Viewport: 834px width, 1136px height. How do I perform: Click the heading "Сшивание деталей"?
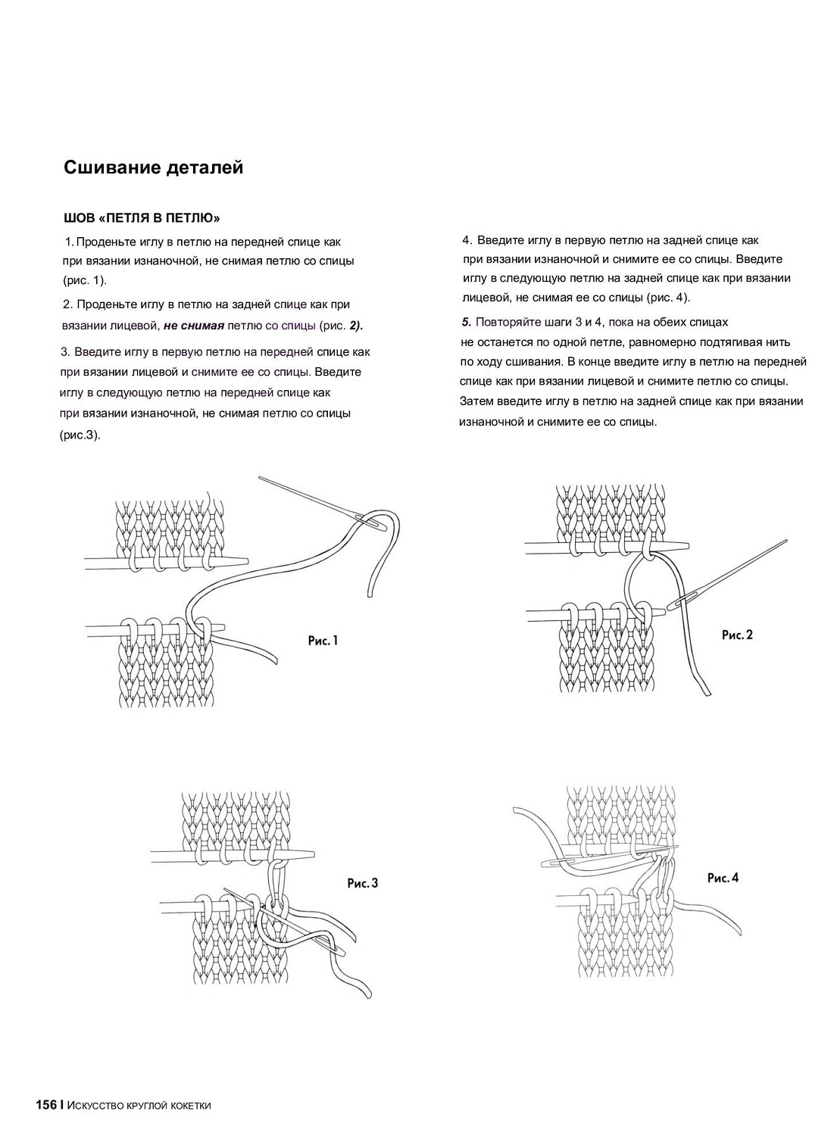[x=153, y=167]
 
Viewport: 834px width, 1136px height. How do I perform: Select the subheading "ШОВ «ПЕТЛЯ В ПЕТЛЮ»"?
[x=142, y=218]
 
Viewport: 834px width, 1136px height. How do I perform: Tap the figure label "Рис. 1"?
[x=323, y=641]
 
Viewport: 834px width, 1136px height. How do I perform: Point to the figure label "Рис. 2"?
[x=737, y=635]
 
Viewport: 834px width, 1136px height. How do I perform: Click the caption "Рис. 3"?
[x=362, y=882]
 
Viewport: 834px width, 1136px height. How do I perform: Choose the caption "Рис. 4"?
[x=723, y=878]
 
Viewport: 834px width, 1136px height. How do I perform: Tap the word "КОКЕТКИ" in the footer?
[x=187, y=1106]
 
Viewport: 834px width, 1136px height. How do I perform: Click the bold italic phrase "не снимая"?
[x=194, y=326]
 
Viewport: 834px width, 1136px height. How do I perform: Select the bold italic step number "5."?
[x=467, y=322]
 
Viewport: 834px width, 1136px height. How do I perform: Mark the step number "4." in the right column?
[x=467, y=240]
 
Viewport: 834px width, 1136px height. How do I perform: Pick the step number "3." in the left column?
[x=65, y=351]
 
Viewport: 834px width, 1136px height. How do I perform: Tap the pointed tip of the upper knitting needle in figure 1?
[x=245, y=560]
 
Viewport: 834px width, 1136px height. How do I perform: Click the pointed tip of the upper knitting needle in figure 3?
[x=312, y=854]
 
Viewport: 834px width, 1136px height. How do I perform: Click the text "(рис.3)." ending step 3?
[x=80, y=435]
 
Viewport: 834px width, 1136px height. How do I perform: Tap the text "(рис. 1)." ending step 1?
[x=85, y=280]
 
